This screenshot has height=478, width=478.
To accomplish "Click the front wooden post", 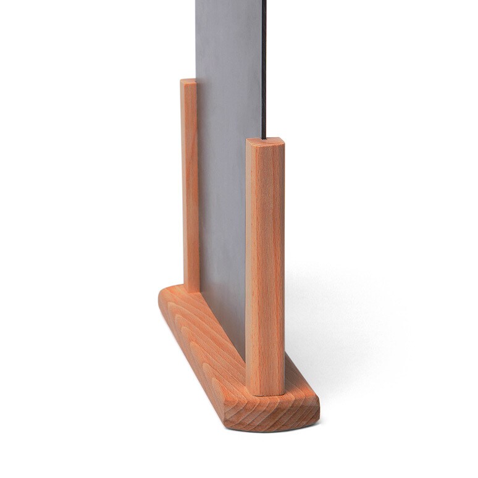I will point(266,266).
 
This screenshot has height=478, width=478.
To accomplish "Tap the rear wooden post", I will point(190,185).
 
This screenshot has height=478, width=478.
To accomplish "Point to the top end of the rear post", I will point(188,82).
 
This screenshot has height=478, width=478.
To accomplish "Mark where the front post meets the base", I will point(266,393).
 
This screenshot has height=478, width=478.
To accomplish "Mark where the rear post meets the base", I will point(191,290).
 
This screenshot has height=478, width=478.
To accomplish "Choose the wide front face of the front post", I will point(272,266).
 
